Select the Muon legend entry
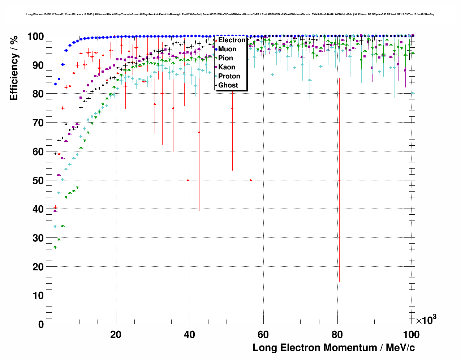click(x=227, y=49)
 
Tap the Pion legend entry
click(x=225, y=58)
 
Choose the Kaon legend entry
click(x=227, y=67)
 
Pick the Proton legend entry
click(x=229, y=76)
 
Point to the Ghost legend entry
click(x=228, y=85)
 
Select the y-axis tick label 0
click(x=40, y=324)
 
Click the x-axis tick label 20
click(x=116, y=335)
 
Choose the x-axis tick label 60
click(x=263, y=335)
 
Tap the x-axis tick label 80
click(x=337, y=335)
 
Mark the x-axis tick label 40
click(x=190, y=335)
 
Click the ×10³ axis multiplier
click(x=426, y=320)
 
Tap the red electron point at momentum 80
click(x=339, y=180)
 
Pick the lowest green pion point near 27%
click(x=55, y=248)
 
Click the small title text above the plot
click(x=230, y=14)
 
